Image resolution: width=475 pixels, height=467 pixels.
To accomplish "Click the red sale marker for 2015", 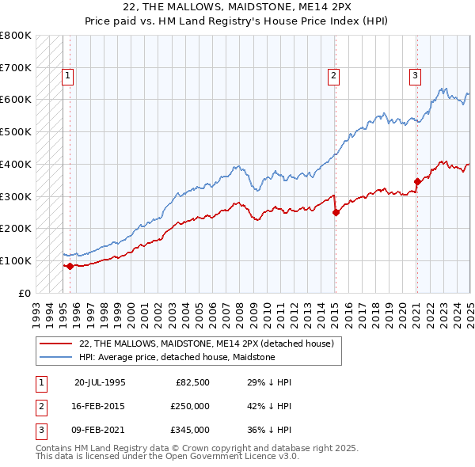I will coord(336,212).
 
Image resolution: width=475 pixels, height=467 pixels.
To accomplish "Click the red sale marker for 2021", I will coord(417,181).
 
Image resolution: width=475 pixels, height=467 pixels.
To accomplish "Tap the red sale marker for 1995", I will coord(70,266).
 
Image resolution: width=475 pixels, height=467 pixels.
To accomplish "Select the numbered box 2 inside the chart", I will coord(334,76).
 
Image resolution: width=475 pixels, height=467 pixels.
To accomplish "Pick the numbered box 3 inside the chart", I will coord(415,76).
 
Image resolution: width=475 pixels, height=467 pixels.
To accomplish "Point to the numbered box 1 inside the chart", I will coord(68,76).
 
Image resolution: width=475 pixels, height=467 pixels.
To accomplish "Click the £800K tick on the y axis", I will coord(16,36).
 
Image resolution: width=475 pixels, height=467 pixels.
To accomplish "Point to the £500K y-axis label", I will coord(16,132).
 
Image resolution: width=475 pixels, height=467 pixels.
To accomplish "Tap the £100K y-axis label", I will coord(16,260).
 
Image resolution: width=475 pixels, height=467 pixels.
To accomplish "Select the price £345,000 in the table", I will coord(190,430).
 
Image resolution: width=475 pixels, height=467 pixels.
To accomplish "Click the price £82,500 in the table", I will coord(192,382).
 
